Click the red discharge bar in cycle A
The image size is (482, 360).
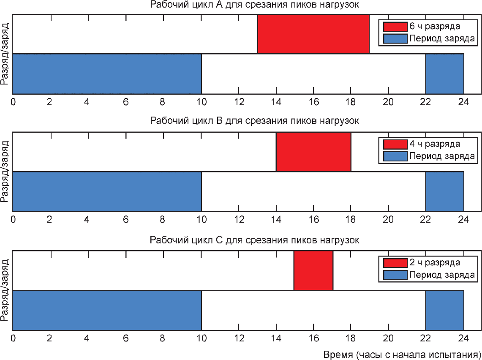coord(313,34)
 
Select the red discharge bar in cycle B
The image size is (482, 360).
coord(313,152)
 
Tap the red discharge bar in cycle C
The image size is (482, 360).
coord(313,270)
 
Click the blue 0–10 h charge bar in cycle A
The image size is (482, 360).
coord(107,74)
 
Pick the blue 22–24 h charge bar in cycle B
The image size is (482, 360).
coord(444,191)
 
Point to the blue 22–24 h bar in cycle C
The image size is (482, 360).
coord(444,310)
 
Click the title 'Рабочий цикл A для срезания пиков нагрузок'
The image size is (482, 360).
coord(254,5)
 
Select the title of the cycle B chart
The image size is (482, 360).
coord(254,120)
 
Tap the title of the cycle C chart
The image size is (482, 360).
coord(254,240)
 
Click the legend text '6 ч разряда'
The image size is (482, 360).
coord(435,27)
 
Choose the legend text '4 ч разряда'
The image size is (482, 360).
coord(435,144)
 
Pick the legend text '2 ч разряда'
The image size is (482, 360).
coord(435,263)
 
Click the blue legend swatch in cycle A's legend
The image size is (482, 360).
coord(395,39)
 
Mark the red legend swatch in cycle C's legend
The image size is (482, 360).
coord(395,263)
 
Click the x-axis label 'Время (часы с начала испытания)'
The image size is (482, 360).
coord(402,355)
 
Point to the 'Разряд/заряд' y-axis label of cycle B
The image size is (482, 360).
coord(5,172)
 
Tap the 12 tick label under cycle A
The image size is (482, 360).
coord(239,101)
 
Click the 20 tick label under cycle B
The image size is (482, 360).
coord(388,219)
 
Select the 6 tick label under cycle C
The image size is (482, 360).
coord(126,338)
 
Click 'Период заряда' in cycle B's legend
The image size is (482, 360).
coord(442,156)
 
